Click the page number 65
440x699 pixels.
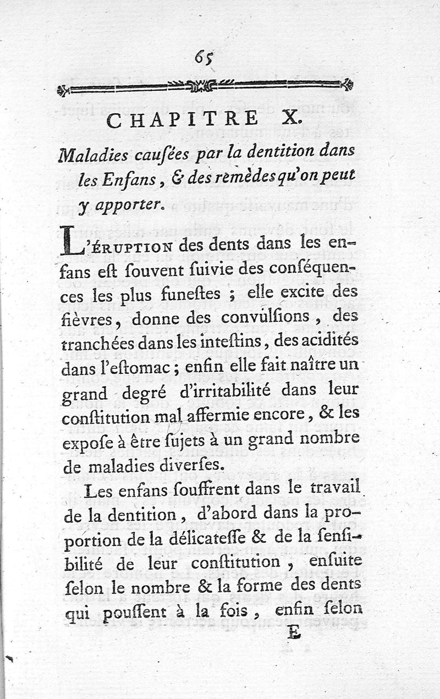coord(204,57)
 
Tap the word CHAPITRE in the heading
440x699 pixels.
coord(182,119)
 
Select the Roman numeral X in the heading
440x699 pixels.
coord(292,119)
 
